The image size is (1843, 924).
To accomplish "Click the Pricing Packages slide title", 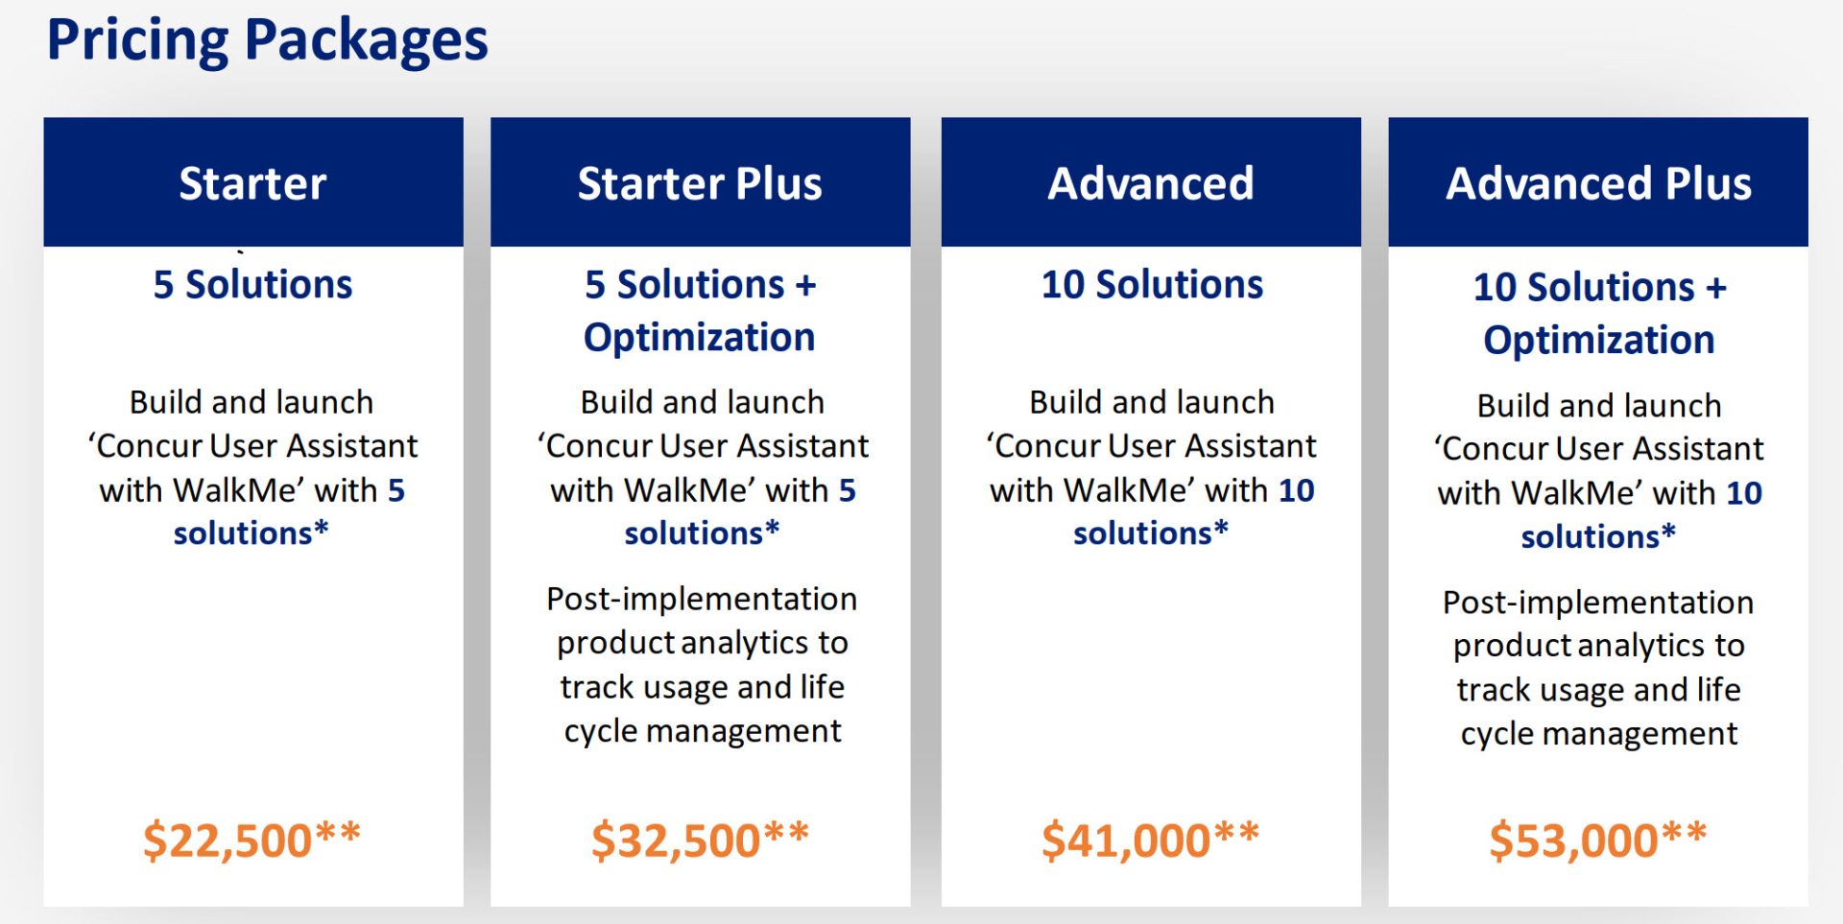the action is (x=268, y=41).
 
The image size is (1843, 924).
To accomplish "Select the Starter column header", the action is (x=252, y=182).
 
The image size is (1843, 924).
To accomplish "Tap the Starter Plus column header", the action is (x=700, y=182).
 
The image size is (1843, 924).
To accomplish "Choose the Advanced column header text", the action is (x=1151, y=182).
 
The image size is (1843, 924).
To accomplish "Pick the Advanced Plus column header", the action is (x=1598, y=182).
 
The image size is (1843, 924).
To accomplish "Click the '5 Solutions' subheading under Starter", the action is (x=252, y=284).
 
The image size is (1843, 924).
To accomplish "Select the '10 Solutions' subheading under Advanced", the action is (x=1152, y=284).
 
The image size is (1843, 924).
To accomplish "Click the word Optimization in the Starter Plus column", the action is (x=700, y=338).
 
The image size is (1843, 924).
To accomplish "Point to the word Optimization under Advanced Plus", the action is (x=1599, y=341).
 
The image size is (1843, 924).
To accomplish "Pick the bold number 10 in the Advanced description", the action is (x=1296, y=490).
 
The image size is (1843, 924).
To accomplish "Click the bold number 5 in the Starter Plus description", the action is (x=847, y=490).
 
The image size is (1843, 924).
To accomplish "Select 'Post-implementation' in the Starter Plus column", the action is (x=702, y=599).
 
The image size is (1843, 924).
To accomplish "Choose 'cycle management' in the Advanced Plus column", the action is (x=1599, y=734).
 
